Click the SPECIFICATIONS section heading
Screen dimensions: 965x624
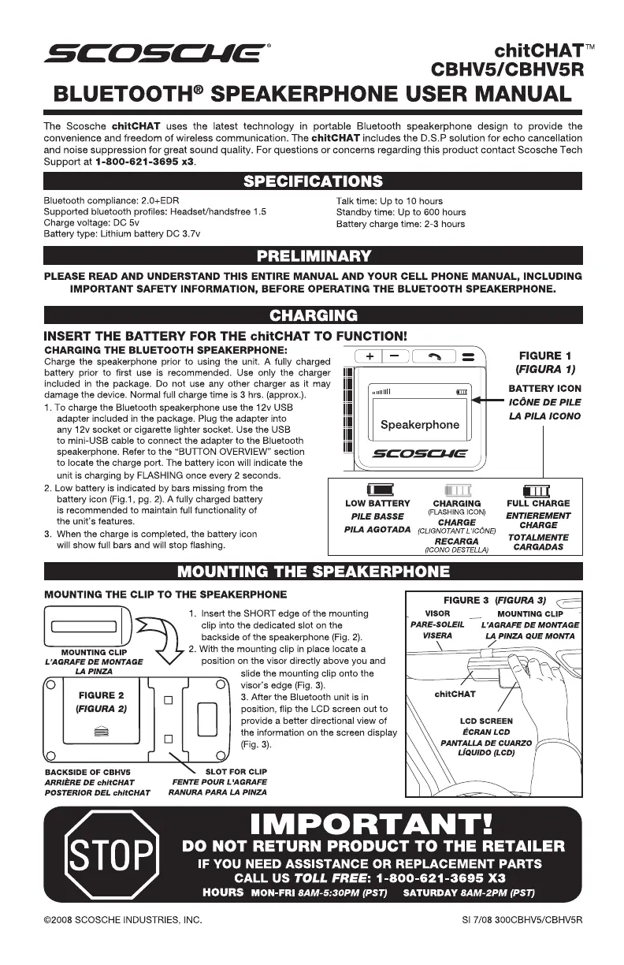click(x=313, y=182)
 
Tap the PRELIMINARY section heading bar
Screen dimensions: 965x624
click(x=313, y=255)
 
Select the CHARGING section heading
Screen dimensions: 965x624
click(x=313, y=316)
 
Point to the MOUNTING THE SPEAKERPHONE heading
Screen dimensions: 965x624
click(x=313, y=571)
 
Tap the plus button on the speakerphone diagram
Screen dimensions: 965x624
click(x=371, y=356)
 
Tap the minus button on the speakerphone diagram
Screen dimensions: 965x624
click(x=396, y=356)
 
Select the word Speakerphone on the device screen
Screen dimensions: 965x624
click(x=419, y=425)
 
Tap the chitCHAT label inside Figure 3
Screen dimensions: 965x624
click(x=455, y=694)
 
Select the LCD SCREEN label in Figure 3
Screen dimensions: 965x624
click(x=486, y=721)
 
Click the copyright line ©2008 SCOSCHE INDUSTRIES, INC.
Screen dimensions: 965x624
click(x=123, y=919)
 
